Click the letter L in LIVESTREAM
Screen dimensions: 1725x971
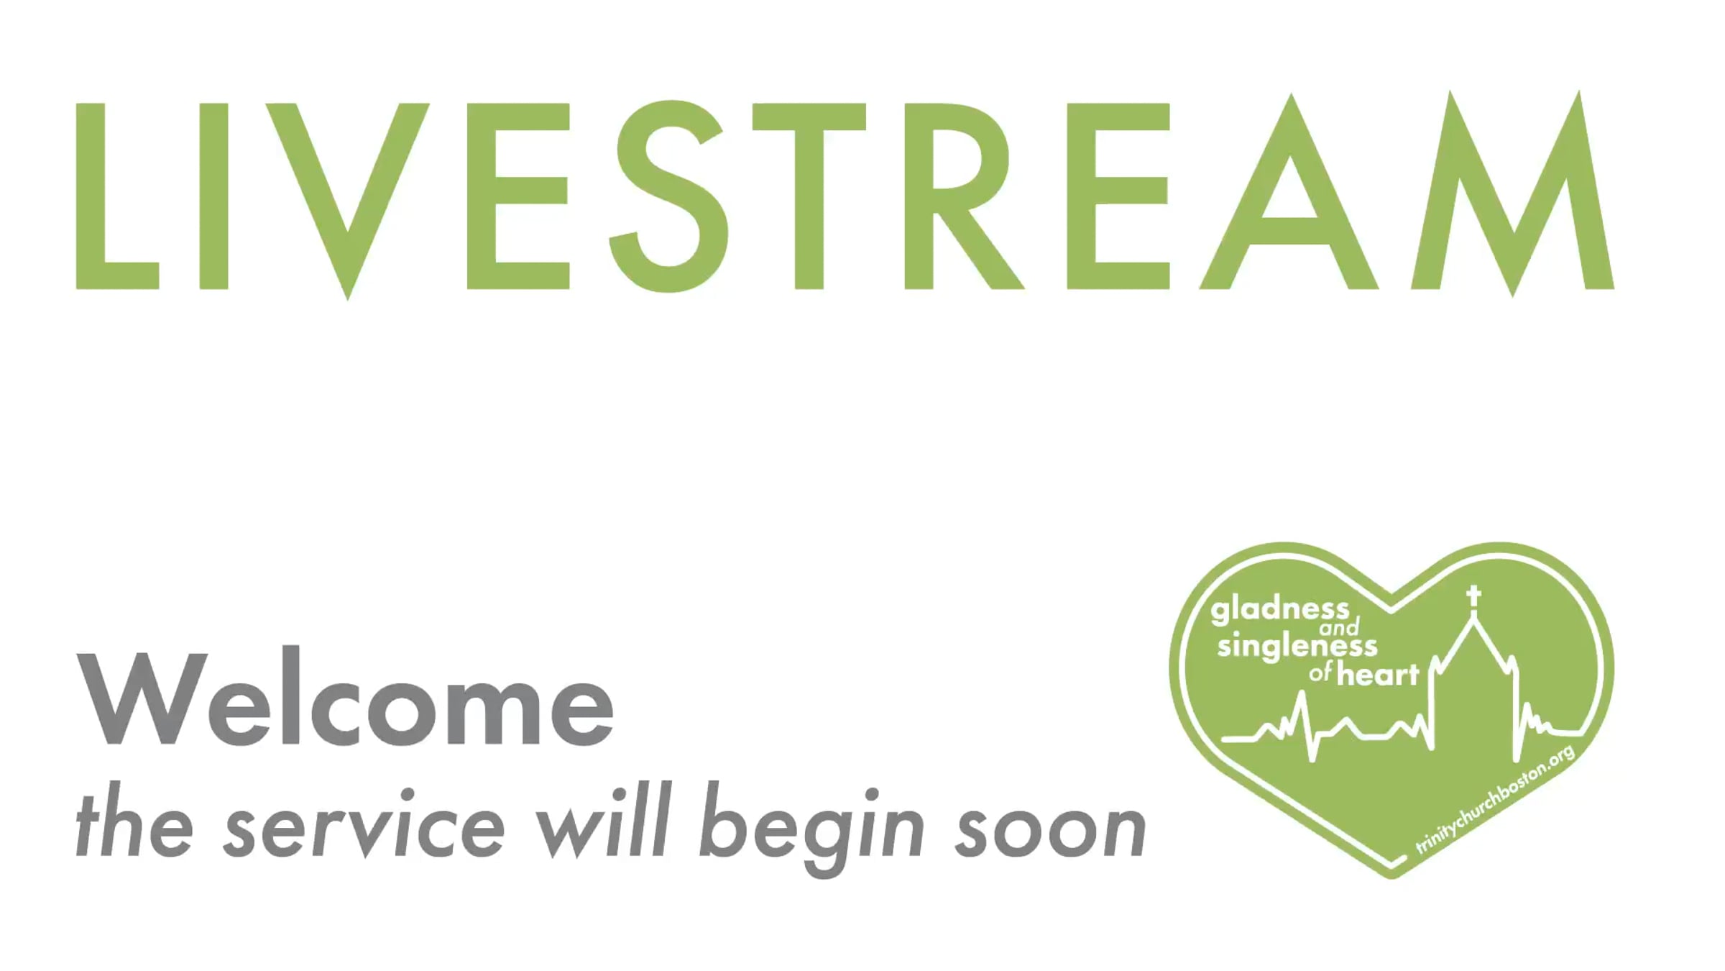click(x=117, y=196)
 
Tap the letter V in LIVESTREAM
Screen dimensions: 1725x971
click(x=348, y=201)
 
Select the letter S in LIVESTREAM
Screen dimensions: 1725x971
click(x=668, y=196)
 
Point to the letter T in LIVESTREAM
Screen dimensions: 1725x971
click(x=809, y=196)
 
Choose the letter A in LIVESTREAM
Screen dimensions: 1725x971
click(x=1290, y=191)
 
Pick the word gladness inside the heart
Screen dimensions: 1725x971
click(x=1280, y=611)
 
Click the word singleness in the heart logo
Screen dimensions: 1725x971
click(x=1297, y=647)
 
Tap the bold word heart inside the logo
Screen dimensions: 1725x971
click(x=1378, y=674)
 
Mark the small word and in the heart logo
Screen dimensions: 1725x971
click(x=1340, y=627)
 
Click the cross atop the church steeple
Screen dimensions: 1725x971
click(x=1474, y=596)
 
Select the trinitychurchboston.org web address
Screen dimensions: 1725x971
click(x=1496, y=799)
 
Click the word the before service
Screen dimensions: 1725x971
click(x=134, y=826)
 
